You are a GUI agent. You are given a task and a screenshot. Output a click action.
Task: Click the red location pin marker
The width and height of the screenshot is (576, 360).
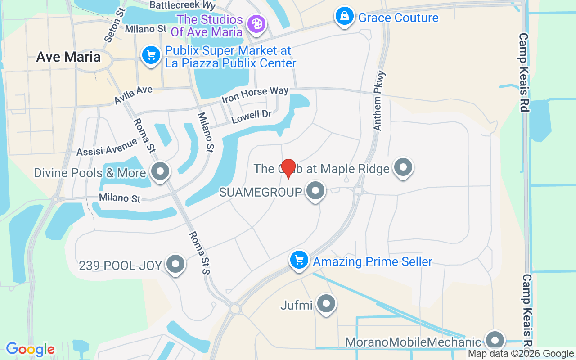point(288,168)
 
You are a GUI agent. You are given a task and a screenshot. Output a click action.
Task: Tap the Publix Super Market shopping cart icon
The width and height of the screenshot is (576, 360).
point(151,55)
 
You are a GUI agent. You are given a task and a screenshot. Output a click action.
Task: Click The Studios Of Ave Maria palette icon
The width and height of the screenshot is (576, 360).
point(256,23)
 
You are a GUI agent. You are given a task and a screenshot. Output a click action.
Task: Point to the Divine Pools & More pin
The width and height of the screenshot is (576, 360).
point(160,171)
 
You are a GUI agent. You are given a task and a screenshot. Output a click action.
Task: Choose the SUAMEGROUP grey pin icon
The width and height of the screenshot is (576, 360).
point(315,191)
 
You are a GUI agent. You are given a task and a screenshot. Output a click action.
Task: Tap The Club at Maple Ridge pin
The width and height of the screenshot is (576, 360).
point(403,167)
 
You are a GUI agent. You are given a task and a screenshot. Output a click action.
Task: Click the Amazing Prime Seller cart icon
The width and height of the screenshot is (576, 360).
point(299,260)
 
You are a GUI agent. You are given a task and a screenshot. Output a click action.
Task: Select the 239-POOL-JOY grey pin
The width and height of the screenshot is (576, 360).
point(175,264)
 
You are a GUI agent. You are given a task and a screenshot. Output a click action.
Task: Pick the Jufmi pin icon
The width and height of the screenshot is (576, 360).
point(326,304)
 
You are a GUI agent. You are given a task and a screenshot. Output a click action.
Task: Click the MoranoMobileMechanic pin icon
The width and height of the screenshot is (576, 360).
point(495,341)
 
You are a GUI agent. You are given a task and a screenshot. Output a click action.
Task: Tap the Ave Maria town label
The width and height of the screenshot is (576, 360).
point(68,57)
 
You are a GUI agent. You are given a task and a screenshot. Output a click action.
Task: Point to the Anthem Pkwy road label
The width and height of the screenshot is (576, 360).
point(378,101)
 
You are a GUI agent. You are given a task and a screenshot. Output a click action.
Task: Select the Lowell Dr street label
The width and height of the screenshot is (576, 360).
point(252,116)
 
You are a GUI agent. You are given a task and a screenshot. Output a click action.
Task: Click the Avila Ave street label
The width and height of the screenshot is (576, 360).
point(133,94)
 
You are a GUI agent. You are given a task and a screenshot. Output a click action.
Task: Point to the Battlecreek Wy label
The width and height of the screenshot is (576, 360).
point(183,5)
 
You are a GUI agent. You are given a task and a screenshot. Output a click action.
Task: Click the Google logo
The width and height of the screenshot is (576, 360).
point(30,349)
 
